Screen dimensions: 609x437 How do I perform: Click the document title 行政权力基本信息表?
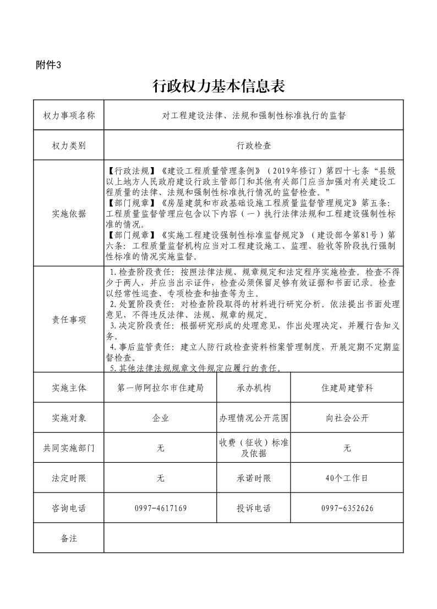[218, 86]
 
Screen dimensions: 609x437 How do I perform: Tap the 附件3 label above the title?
[48, 65]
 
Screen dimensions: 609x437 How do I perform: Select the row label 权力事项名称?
[69, 115]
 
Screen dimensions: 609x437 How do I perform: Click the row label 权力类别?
[69, 146]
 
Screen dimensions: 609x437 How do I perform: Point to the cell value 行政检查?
[254, 146]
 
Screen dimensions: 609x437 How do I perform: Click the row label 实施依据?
[69, 214]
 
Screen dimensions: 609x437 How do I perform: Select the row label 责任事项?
[69, 320]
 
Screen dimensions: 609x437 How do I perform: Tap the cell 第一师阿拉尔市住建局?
[160, 387]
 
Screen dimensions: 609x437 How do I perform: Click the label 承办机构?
[254, 387]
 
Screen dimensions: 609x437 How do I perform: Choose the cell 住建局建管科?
[347, 387]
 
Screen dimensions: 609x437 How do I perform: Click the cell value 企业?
[160, 418]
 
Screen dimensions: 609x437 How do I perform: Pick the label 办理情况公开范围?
[254, 418]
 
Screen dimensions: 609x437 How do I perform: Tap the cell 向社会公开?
[347, 418]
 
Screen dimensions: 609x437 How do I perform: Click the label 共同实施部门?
[69, 448]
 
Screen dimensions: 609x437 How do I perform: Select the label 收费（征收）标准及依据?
[254, 448]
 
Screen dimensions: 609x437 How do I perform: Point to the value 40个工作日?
[347, 478]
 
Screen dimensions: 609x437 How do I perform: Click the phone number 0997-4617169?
[160, 508]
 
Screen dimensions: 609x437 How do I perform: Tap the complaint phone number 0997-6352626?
[347, 508]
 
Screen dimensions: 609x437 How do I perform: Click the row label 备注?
[69, 538]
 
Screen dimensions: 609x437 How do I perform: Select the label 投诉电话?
[254, 508]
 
